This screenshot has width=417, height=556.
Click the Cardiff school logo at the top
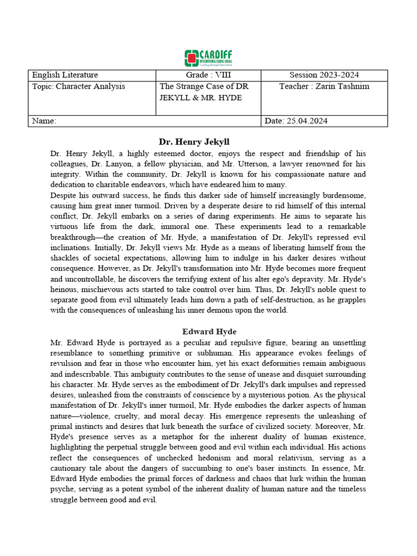208,58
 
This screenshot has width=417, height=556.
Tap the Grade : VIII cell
208,75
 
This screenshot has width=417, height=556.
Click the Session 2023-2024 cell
324,75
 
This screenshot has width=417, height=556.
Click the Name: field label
44,121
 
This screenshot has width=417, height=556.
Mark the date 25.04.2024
308,121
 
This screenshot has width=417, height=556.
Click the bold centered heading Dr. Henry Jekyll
194,142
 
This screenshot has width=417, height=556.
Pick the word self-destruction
267,300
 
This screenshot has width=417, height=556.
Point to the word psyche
63,489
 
